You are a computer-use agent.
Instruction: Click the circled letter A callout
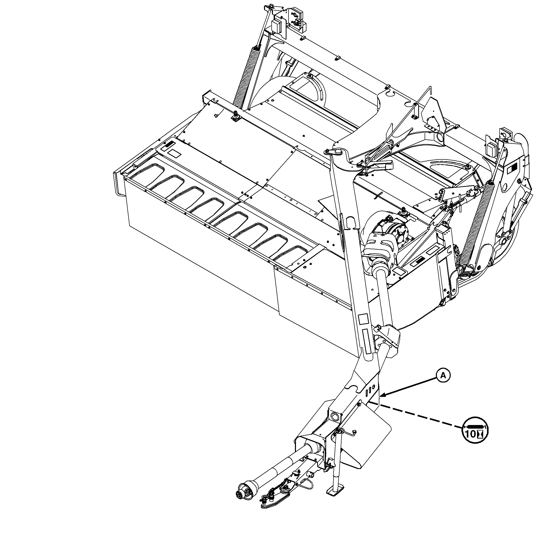443,376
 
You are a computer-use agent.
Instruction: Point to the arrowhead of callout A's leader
382,396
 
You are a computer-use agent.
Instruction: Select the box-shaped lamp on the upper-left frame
80,26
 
